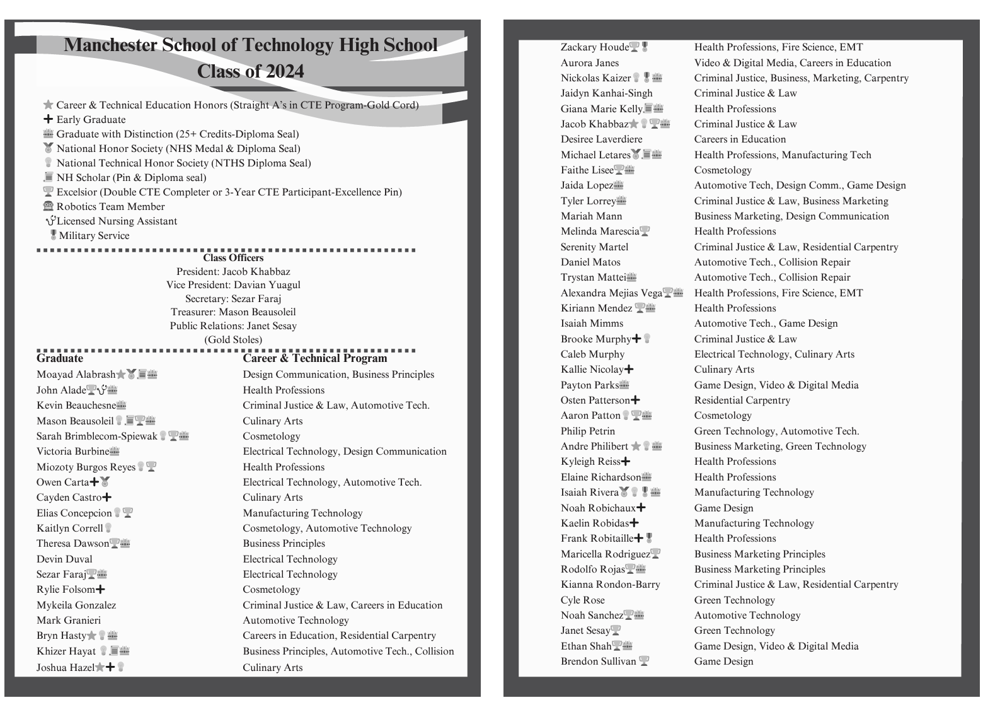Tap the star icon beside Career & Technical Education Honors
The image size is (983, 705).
coord(48,105)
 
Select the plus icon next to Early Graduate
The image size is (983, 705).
coord(48,119)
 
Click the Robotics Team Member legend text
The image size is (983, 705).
coord(110,206)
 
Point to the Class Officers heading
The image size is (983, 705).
coord(233,258)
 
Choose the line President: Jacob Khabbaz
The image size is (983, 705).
coord(233,272)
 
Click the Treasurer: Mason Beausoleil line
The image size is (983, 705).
coord(233,312)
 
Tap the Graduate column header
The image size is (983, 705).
coord(60,358)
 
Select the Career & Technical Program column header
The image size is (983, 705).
coord(315,358)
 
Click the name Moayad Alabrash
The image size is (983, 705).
coord(76,375)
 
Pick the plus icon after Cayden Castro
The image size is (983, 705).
coord(107,498)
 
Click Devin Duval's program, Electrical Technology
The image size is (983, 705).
coord(290,559)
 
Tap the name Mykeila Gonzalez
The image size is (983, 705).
coord(76,605)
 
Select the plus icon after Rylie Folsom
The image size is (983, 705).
coord(100,590)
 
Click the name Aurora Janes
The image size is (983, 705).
coord(590,63)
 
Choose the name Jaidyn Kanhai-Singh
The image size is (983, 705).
coord(606,93)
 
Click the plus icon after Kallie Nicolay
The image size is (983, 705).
coord(629,370)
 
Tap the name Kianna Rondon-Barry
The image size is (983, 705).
coord(610,585)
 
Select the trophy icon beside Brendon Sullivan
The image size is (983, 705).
coord(643,661)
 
